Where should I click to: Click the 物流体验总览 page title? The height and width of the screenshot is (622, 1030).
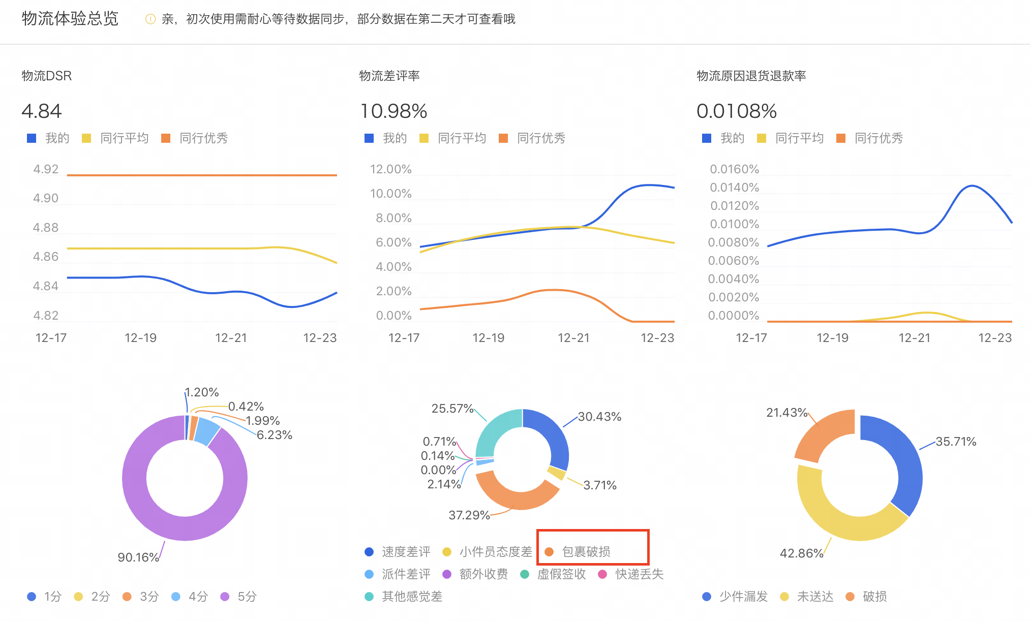[x=70, y=19]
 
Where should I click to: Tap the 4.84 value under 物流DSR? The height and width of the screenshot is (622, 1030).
[x=42, y=111]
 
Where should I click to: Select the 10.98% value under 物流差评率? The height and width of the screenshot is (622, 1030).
[x=394, y=111]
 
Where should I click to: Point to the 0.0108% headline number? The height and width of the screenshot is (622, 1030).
[x=737, y=111]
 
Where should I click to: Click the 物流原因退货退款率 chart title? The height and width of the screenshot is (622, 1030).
[x=751, y=76]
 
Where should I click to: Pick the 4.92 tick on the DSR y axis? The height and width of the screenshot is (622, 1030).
[x=46, y=169]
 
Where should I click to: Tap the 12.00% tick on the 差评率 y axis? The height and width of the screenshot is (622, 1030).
[x=390, y=169]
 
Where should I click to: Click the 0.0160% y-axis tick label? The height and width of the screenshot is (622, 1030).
[x=734, y=169]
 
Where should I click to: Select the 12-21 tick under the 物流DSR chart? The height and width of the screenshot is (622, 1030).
[x=231, y=338]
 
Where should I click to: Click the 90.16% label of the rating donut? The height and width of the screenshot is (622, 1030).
[x=138, y=557]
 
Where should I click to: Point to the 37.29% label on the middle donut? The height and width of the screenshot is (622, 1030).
[x=469, y=515]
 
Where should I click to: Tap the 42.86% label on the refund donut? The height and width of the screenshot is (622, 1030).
[x=801, y=553]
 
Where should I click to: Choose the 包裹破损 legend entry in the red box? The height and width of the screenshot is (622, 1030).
[x=586, y=552]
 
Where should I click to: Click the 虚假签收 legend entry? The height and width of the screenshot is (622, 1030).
[x=561, y=574]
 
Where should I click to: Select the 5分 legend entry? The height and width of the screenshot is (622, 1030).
[x=247, y=597]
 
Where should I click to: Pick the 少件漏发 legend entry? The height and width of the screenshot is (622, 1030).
[x=743, y=597]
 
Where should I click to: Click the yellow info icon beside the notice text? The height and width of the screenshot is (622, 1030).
[x=150, y=19]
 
